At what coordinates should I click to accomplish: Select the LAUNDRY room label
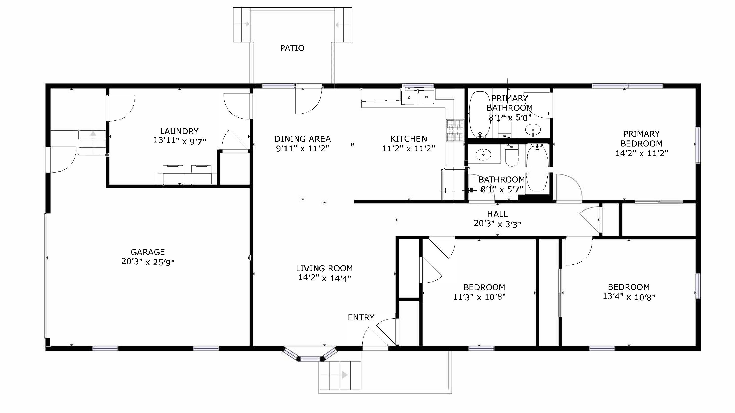point(179,131)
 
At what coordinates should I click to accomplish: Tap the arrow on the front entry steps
point(344,375)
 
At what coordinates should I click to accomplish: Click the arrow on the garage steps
point(93,133)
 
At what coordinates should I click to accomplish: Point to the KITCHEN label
point(409,139)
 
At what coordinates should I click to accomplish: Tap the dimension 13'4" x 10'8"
point(629,297)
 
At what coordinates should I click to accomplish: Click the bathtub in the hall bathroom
point(537,168)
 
